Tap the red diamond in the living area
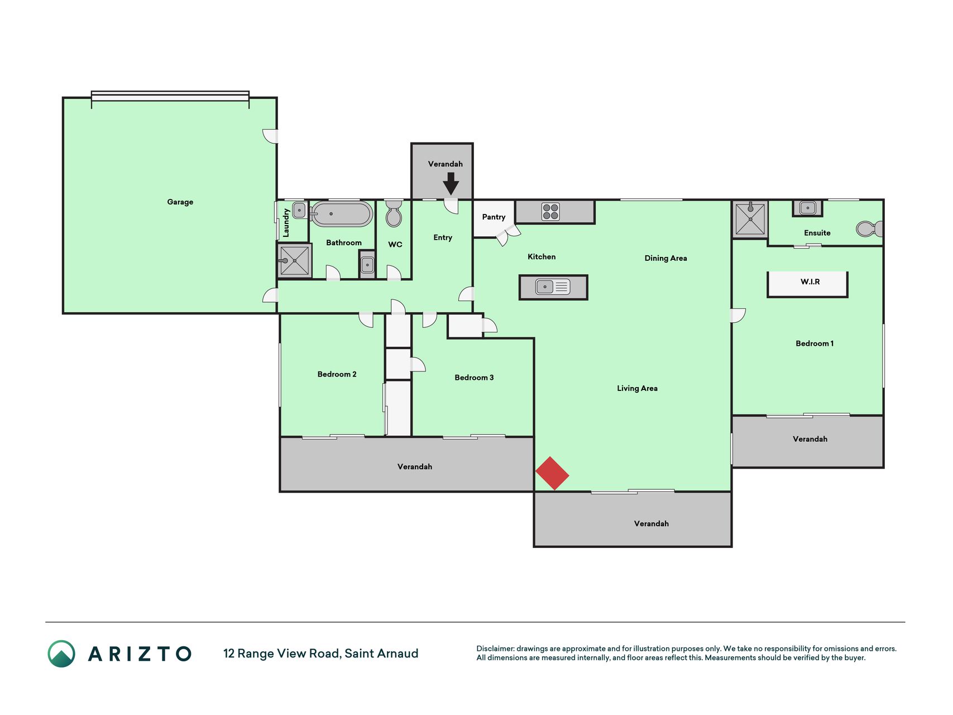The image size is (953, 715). (x=552, y=474)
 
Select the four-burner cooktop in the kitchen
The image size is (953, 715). (x=550, y=212)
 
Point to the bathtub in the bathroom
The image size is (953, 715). (x=342, y=214)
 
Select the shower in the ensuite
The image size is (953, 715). (x=750, y=219)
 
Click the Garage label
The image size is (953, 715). (x=180, y=202)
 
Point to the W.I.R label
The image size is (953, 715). (x=810, y=282)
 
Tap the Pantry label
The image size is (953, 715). (x=494, y=217)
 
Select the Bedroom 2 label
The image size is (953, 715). (x=337, y=374)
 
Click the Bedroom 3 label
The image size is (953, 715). (x=474, y=378)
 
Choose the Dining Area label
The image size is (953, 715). (x=665, y=258)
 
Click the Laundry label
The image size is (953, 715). (x=286, y=222)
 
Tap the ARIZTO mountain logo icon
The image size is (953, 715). (x=61, y=654)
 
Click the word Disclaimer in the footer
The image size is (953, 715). (x=495, y=649)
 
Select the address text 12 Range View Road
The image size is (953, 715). (x=281, y=654)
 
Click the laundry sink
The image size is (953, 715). (x=299, y=211)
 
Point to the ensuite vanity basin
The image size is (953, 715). (x=807, y=208)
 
